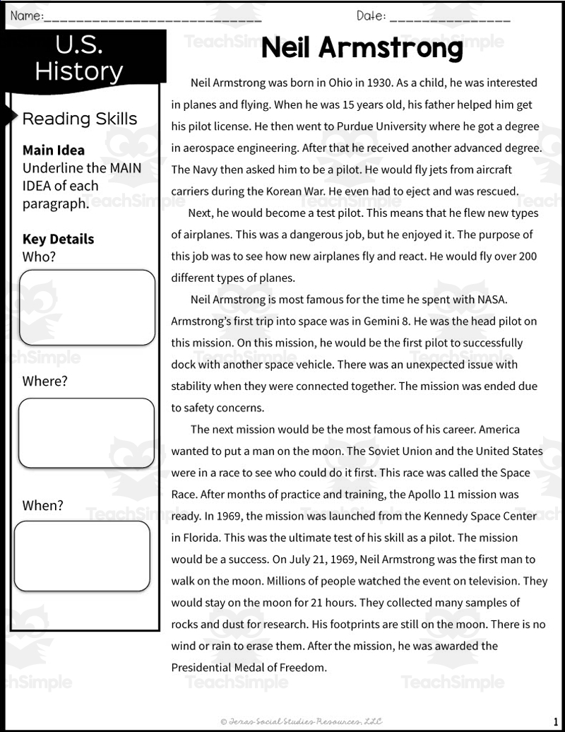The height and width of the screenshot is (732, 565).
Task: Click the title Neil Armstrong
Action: click(362, 49)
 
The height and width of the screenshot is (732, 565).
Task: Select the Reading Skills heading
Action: click(80, 119)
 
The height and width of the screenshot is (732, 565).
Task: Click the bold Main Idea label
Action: click(54, 150)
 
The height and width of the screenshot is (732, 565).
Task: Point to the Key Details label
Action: click(58, 239)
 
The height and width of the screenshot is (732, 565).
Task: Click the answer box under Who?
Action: click(86, 307)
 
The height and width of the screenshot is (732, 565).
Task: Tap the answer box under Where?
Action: click(86, 433)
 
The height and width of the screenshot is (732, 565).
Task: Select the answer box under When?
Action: click(82, 556)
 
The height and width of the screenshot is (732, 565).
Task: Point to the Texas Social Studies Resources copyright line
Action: click(301, 721)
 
